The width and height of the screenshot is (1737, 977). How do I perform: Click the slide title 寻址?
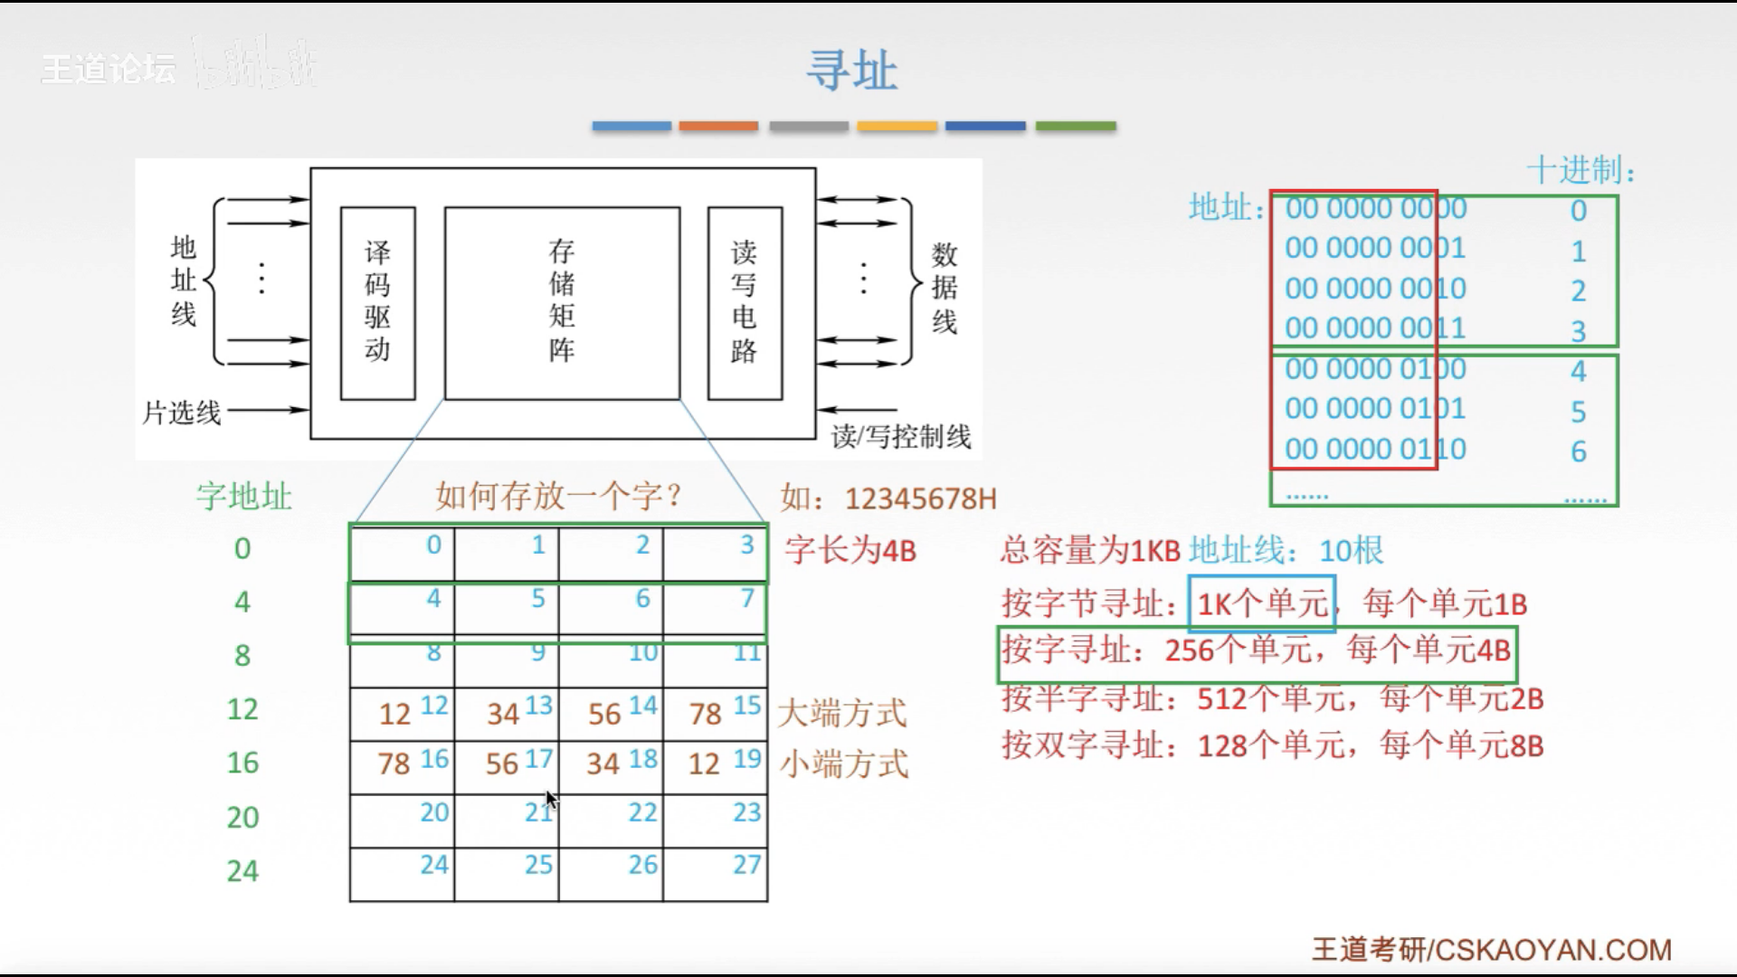(851, 71)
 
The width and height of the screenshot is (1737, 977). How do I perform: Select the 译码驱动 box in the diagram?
(377, 303)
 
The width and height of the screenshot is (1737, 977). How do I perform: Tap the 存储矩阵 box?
(562, 303)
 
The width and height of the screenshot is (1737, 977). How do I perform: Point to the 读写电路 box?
(745, 303)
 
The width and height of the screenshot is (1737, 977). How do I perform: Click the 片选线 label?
(182, 413)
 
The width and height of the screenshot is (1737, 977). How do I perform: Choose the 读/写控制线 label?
(901, 437)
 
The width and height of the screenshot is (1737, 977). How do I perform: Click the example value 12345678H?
(920, 498)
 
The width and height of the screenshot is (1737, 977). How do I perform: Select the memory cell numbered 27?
(716, 874)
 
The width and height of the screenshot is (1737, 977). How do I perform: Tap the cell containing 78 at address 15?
(716, 714)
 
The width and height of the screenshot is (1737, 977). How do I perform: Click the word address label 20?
(242, 818)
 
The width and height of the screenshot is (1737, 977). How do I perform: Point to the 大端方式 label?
(842, 714)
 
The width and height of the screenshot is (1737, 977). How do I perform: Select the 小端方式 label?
(844, 765)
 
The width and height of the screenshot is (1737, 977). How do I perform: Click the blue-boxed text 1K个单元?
(1262, 603)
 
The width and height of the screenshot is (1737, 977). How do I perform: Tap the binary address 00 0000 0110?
(1375, 450)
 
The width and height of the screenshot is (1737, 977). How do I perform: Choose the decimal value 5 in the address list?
(1579, 413)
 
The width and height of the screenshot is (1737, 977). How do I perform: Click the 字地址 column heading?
(244, 497)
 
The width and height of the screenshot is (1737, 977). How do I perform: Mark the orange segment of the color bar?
(718, 126)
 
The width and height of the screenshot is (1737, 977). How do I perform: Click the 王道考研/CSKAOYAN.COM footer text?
(1491, 950)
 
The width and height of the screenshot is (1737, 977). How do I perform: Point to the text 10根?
(1352, 550)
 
